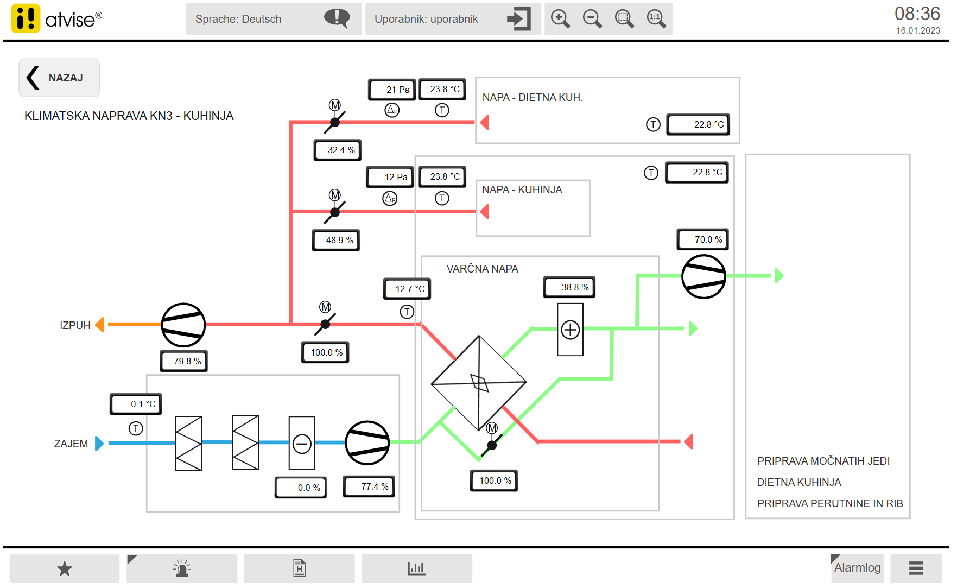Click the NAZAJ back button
click(59, 78)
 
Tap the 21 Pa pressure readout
click(392, 90)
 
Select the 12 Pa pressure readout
click(390, 177)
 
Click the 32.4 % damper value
click(338, 150)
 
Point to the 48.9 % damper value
click(336, 240)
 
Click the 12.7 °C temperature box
click(407, 289)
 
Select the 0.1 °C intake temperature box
click(136, 404)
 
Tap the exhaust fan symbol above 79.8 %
click(183, 325)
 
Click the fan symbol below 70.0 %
click(704, 276)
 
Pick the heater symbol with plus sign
click(570, 330)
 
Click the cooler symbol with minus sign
click(302, 443)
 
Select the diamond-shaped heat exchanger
click(479, 383)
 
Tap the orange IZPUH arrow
click(100, 325)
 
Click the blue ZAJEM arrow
click(99, 443)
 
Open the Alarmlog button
click(857, 568)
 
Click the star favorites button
click(65, 568)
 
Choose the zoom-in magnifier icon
click(560, 19)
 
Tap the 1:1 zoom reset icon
click(656, 19)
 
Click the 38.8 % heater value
click(569, 287)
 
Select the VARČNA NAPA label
click(482, 269)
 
